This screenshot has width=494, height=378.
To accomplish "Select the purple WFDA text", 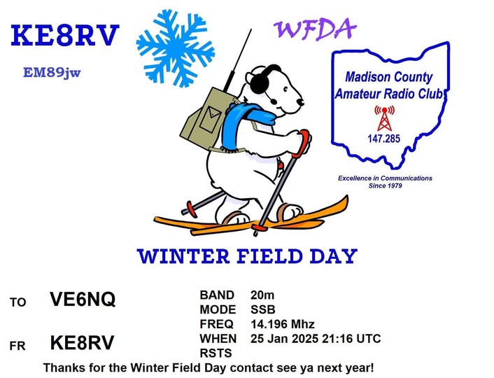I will pos(313,29).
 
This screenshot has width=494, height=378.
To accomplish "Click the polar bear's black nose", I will pos(301,102).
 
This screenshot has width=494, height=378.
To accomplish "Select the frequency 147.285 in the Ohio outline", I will pos(383,139).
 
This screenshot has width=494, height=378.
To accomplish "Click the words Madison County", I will pos(389,78).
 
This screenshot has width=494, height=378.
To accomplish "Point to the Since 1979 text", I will pos(386,186).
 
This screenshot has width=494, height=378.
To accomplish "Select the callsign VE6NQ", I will pos(83,300).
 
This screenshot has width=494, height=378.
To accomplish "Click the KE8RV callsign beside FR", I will pos(82,342).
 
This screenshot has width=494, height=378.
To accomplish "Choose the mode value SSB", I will pos(262,309).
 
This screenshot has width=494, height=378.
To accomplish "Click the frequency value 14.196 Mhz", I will pos(283,324).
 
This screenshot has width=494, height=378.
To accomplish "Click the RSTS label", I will pos(215,353).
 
